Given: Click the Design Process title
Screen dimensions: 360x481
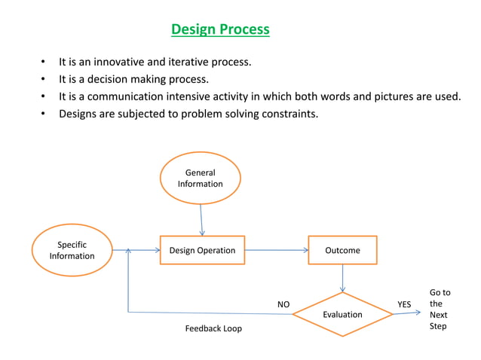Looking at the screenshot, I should (220, 30).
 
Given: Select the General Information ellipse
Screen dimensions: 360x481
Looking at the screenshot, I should (201, 178).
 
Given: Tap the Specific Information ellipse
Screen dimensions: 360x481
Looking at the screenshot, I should (72, 251).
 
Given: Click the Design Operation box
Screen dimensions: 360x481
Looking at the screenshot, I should (202, 250).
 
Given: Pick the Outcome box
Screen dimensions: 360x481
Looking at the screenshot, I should (342, 250).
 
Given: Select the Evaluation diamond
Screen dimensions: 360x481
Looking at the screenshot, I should (342, 314).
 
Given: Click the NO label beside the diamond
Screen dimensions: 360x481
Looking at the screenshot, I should (283, 304).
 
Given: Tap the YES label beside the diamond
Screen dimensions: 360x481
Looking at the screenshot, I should (404, 304).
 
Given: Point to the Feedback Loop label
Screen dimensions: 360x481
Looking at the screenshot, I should (213, 328).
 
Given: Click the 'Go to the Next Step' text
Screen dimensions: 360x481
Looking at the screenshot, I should (439, 310).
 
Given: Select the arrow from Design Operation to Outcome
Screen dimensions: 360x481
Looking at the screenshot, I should (276, 250).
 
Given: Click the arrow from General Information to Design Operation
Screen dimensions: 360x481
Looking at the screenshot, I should (201, 220).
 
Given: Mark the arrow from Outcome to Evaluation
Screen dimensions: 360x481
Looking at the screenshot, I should (342, 279).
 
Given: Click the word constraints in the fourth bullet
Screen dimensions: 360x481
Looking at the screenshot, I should (289, 114).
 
